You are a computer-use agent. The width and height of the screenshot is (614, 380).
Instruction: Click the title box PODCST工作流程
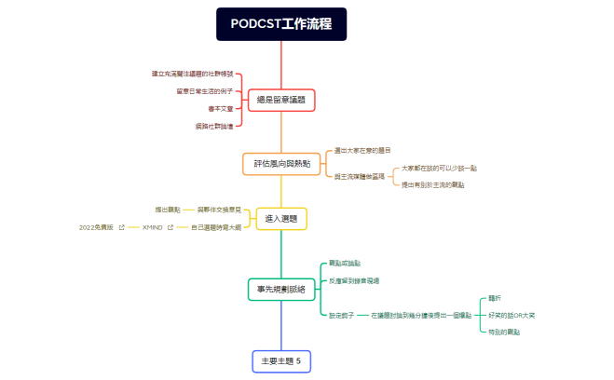tap(281, 24)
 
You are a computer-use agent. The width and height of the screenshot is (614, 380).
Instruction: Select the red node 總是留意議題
tap(280, 100)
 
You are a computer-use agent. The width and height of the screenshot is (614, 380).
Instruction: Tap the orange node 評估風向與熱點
tap(280, 164)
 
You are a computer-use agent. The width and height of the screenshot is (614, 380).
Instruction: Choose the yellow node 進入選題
tap(280, 219)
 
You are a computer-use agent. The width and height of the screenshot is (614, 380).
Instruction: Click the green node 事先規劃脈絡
tap(280, 290)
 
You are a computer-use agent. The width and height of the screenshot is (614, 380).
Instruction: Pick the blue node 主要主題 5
tap(280, 360)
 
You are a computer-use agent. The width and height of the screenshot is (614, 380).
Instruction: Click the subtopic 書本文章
tap(221, 108)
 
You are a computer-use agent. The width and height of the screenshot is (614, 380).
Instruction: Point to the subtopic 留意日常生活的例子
tap(204, 91)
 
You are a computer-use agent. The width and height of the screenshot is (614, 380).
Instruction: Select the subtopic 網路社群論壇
tap(214, 125)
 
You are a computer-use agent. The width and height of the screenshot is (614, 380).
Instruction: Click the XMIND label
tap(152, 227)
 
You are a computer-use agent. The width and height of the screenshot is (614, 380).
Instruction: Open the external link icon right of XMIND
tap(171, 227)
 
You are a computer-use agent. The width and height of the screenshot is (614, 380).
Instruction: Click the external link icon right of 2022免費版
tap(121, 227)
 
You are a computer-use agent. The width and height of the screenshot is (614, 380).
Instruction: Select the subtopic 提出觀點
tap(168, 210)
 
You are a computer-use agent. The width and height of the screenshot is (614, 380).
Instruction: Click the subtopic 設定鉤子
tap(341, 315)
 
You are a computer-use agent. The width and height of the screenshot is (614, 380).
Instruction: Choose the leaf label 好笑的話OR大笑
tap(512, 315)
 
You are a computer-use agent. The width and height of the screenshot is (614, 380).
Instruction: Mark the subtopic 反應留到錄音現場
tap(354, 280)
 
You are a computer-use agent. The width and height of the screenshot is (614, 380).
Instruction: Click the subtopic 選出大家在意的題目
tap(362, 150)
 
